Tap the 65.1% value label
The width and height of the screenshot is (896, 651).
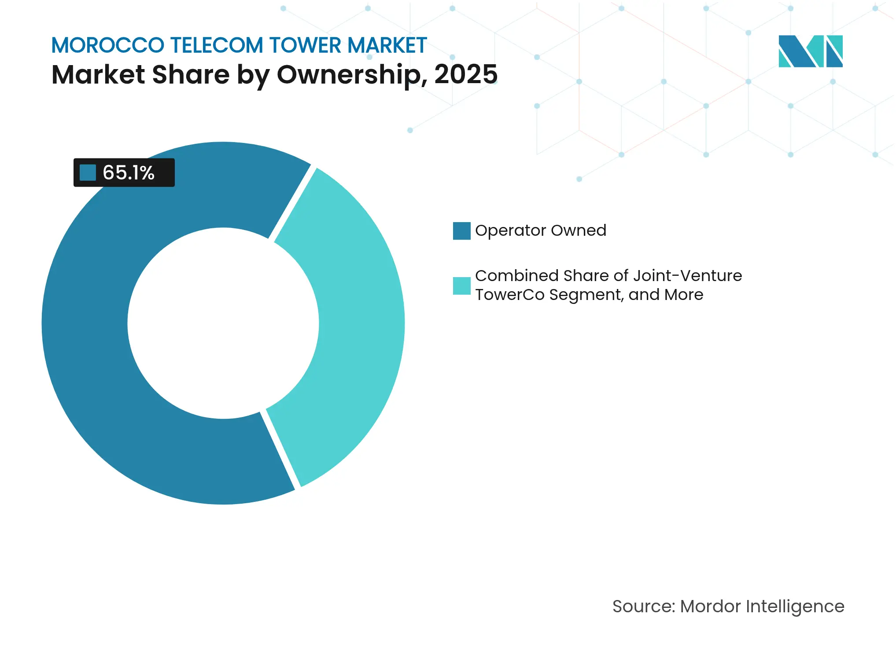(128, 173)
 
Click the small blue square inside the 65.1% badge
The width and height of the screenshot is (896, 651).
(88, 173)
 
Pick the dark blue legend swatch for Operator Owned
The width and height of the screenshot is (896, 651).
(461, 231)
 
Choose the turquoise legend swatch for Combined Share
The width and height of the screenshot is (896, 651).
(461, 286)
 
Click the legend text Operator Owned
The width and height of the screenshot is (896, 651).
(541, 230)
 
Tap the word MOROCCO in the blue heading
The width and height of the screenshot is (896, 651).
(107, 45)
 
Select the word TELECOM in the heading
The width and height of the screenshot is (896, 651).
(217, 45)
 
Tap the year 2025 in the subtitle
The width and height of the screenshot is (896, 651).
(465, 74)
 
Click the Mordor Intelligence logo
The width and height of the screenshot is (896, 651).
(810, 51)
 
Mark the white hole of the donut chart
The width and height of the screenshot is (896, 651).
(223, 323)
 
